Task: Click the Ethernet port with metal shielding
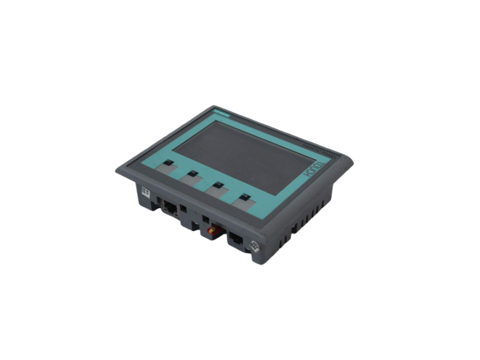(x=169, y=208)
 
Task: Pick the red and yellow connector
(x=212, y=229)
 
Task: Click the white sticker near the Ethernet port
(x=145, y=191)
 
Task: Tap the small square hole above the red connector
(x=206, y=218)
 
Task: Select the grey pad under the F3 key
(x=217, y=193)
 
